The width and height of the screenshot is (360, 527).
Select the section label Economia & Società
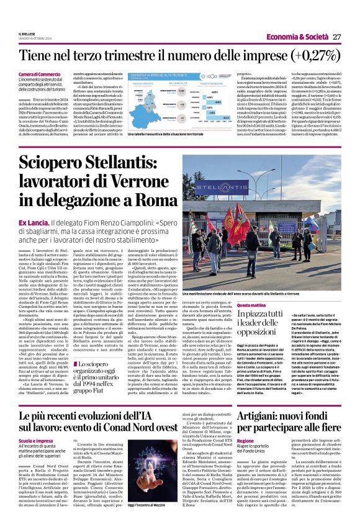pos(302,37)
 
